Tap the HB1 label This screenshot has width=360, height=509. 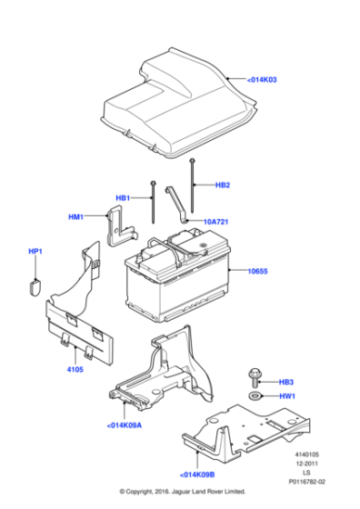(123, 197)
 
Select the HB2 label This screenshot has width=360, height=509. (223, 186)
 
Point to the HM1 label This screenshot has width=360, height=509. (75, 217)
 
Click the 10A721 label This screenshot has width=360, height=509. (215, 221)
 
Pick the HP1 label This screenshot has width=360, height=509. (35, 251)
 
